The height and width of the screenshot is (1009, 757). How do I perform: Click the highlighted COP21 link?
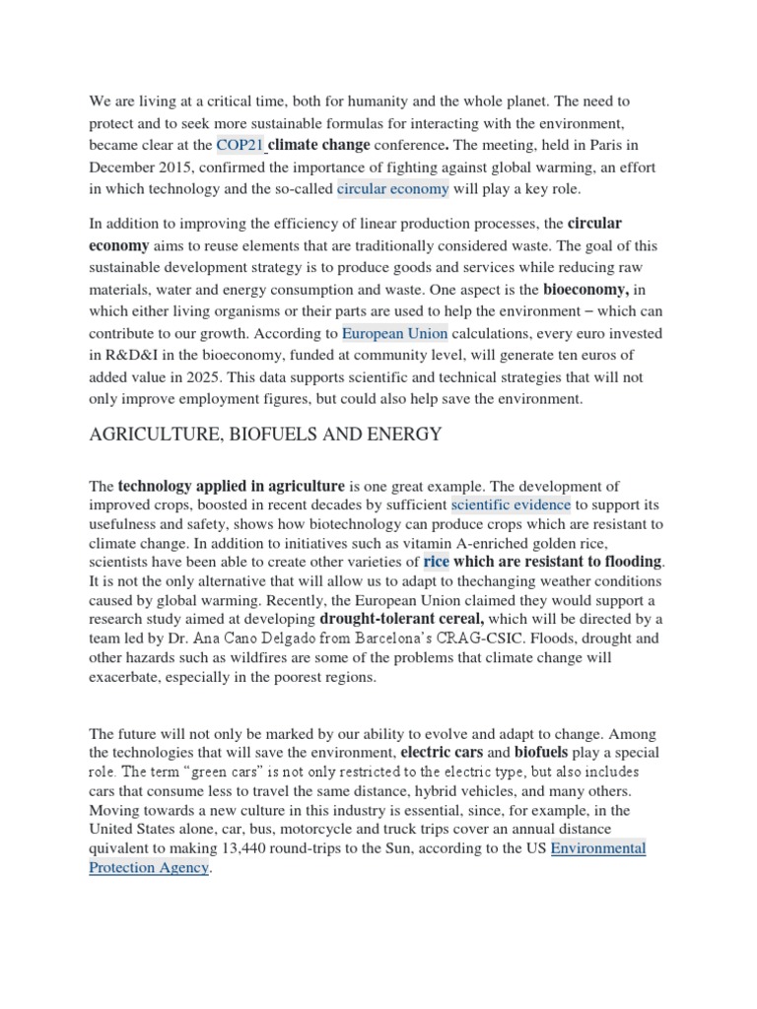pyautogui.click(x=241, y=145)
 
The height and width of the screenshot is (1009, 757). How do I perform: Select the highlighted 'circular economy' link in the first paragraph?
pyautogui.click(x=393, y=188)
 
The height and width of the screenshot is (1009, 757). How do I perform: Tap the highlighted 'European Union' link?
pyautogui.click(x=394, y=333)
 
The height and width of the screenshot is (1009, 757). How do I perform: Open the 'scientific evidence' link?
pyautogui.click(x=511, y=505)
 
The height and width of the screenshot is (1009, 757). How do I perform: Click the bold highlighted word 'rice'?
pyautogui.click(x=436, y=562)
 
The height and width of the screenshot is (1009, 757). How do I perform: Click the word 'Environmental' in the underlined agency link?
pyautogui.click(x=598, y=847)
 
